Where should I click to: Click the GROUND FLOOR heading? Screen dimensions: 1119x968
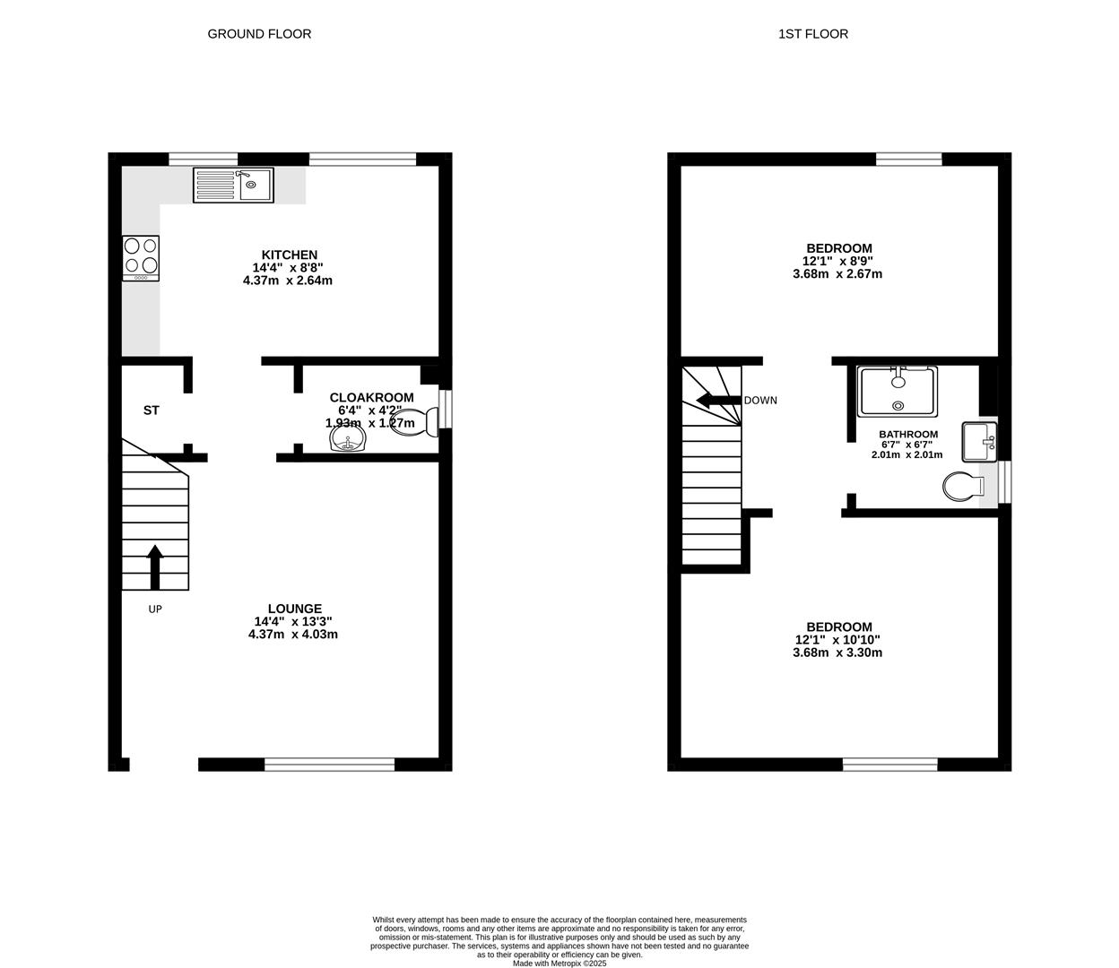click(259, 34)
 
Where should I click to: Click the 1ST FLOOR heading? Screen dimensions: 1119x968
click(813, 34)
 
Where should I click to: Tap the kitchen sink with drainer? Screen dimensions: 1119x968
click(233, 185)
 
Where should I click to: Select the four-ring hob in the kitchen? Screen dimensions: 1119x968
click(141, 258)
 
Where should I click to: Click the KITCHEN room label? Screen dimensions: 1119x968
click(290, 255)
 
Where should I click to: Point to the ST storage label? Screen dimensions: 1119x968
click(151, 411)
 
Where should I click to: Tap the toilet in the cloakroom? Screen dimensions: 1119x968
click(414, 422)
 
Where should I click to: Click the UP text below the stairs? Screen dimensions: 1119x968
click(155, 609)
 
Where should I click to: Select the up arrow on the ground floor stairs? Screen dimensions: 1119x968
click(155, 567)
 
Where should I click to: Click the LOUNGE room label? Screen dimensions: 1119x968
click(295, 609)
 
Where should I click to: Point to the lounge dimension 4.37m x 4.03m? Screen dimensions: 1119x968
click(293, 635)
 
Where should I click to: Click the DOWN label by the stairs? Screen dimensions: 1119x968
click(760, 401)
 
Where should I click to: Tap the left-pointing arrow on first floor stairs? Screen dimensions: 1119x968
click(718, 401)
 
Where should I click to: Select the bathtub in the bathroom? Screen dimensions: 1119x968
click(898, 392)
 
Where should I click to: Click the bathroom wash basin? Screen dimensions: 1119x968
click(979, 442)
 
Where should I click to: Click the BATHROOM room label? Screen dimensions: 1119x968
click(908, 434)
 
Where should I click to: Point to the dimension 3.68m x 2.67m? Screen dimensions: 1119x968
click(837, 273)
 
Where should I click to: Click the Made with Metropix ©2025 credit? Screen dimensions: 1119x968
click(559, 964)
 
